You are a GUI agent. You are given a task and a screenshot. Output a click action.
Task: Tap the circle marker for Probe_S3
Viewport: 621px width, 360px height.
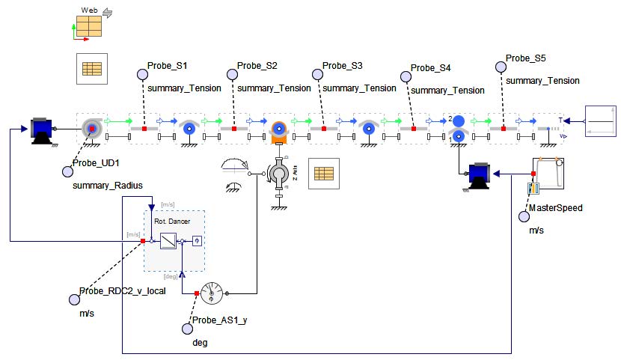317,74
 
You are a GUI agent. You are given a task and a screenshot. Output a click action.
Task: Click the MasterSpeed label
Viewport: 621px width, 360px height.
555,208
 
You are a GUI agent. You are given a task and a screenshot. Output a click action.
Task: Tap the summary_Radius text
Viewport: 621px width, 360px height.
108,184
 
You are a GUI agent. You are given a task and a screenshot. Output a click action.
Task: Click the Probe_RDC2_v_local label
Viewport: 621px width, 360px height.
122,291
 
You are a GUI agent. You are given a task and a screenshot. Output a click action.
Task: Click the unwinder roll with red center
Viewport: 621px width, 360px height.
91,129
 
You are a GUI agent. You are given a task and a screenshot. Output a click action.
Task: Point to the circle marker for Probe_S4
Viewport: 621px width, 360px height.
406,76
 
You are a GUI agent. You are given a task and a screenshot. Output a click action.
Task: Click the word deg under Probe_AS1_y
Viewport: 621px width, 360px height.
200,342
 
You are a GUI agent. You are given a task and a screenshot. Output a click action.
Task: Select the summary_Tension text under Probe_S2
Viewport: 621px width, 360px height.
274,88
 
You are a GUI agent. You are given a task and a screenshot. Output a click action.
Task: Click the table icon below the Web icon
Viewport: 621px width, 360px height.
91,69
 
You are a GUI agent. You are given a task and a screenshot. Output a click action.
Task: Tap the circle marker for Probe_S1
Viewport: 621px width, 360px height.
141,74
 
